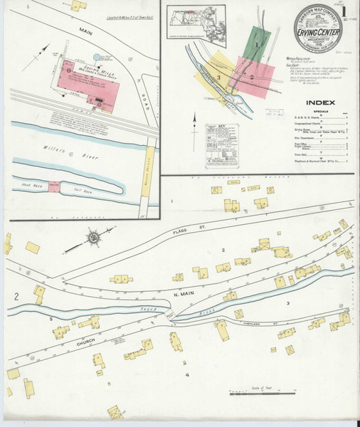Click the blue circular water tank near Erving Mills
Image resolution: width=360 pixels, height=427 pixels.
(97, 56)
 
